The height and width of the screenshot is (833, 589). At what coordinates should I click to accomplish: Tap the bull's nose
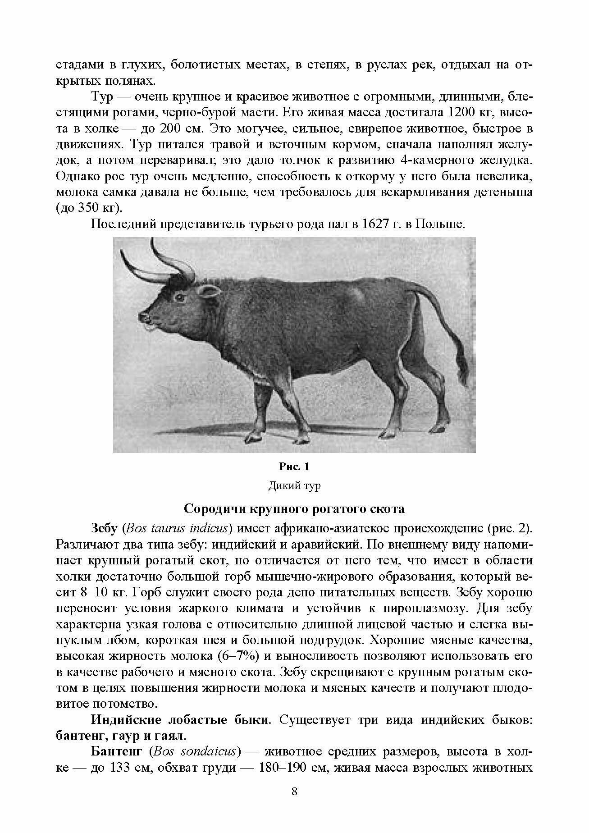(x=145, y=317)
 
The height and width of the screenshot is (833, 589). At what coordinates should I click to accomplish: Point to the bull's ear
(x=210, y=292)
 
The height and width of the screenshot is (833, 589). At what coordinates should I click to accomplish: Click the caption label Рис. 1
(x=294, y=466)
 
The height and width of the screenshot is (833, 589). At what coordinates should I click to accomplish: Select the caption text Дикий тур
(x=294, y=486)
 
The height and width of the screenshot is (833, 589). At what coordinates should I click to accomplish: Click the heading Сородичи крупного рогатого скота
(x=294, y=509)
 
